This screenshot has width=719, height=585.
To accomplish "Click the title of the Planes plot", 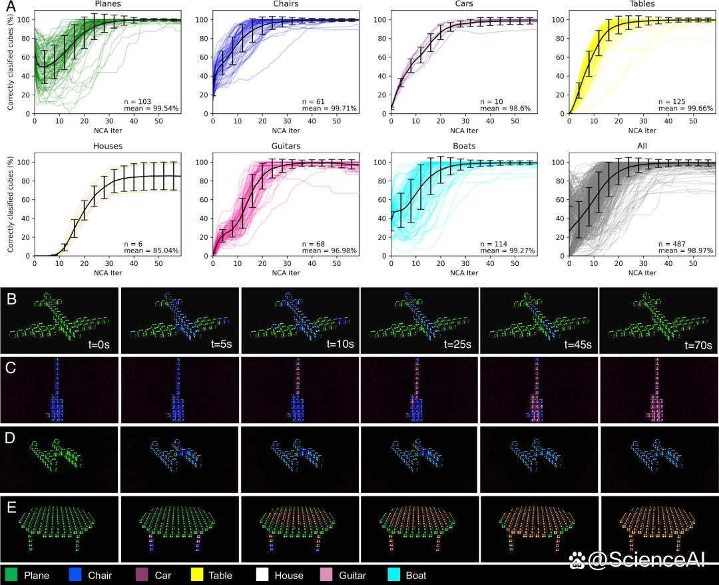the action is (108, 4).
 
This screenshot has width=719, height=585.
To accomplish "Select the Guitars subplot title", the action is (286, 146).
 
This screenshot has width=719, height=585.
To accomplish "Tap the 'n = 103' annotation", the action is (138, 101).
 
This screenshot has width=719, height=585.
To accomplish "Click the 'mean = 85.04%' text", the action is (151, 251).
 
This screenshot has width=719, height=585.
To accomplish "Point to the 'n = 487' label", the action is (672, 244).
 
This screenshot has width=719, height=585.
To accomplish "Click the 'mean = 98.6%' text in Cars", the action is (505, 109).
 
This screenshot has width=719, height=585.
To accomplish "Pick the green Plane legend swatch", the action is (11, 575).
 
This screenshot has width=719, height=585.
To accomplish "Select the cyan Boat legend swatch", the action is (394, 575).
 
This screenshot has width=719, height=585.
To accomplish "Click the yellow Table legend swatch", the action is (196, 575).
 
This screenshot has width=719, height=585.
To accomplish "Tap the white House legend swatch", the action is (262, 575).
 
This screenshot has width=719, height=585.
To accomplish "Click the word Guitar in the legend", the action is (352, 576).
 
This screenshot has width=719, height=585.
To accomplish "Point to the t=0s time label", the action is (99, 344).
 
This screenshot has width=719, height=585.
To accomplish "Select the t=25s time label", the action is (457, 344).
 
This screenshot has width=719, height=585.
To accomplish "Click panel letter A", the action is (10, 7).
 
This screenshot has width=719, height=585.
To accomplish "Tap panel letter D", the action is (10, 438).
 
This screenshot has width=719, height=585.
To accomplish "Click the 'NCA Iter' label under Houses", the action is (108, 273).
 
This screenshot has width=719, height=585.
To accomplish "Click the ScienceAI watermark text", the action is (637, 559).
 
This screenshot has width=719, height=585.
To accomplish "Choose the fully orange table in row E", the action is (658, 528).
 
